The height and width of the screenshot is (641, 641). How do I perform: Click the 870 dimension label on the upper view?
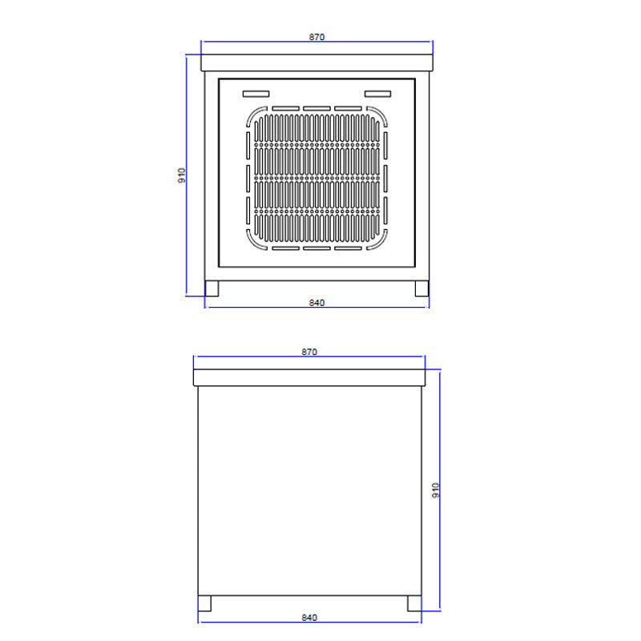(316, 37)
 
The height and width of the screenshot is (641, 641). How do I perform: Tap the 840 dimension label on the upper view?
(316, 303)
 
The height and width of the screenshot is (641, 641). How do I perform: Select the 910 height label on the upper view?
(182, 175)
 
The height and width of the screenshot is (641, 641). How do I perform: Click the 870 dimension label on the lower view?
(309, 352)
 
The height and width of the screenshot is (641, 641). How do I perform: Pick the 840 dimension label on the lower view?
(309, 617)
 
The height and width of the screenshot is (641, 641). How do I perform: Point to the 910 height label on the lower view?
(436, 490)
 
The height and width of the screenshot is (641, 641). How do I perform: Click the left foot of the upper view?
(212, 288)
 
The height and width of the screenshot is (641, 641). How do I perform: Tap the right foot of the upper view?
(422, 288)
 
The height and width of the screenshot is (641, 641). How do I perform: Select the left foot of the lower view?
(204, 603)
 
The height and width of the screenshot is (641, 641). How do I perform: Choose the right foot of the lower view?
(414, 603)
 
